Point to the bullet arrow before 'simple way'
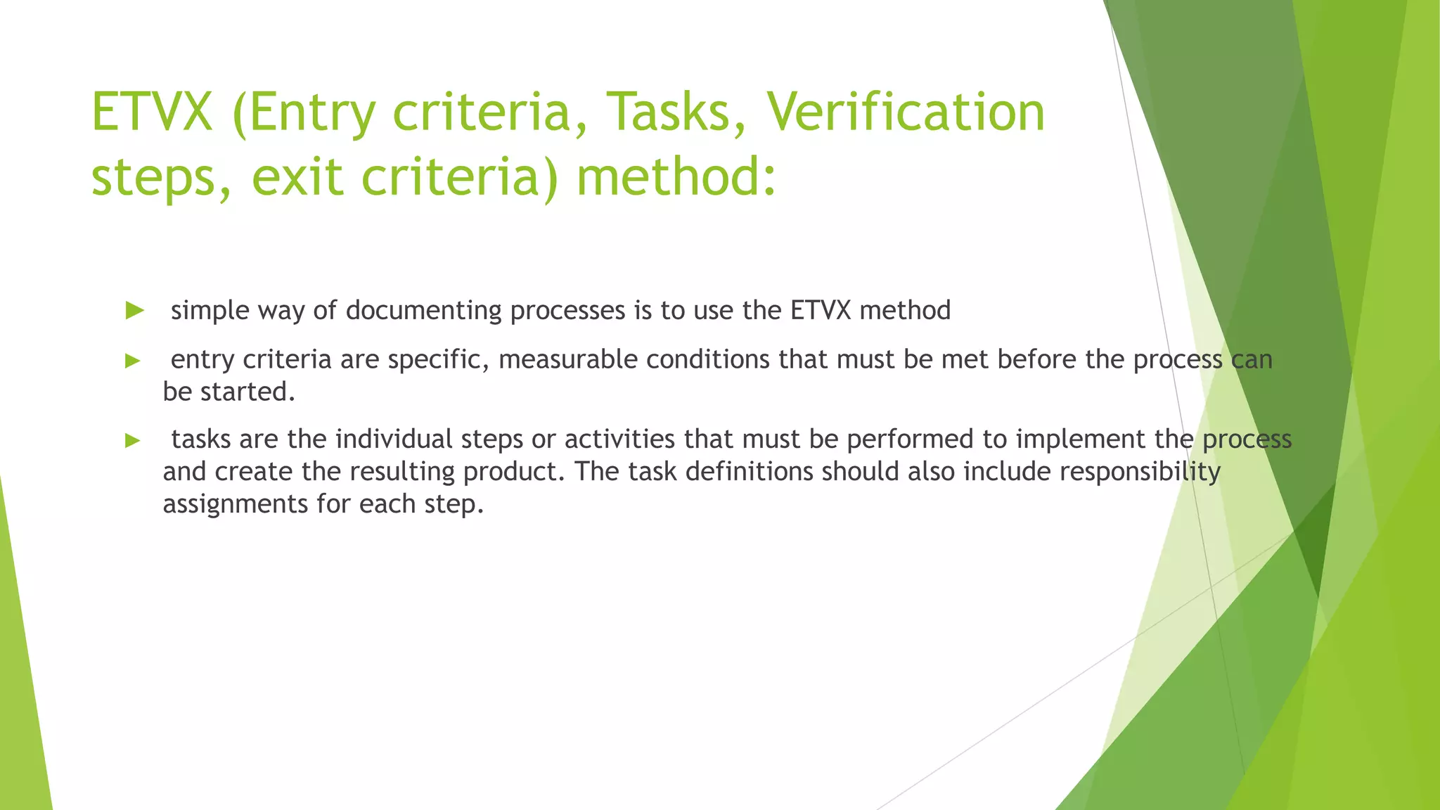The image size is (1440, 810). (x=134, y=310)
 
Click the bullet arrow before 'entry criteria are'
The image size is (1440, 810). (x=133, y=361)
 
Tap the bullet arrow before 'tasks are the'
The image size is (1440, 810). (x=133, y=441)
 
